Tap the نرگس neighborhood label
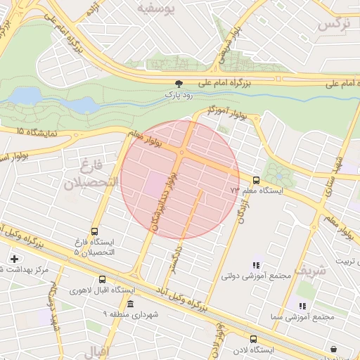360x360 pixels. coord(333,23)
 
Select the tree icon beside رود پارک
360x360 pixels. coord(179,82)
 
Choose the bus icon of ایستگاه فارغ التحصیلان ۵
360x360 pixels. coord(95,232)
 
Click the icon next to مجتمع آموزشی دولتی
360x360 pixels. coord(256,265)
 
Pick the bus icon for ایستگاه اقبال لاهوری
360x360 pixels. coord(103,279)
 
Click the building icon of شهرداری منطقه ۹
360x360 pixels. coord(131,304)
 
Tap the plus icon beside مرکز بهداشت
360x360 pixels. coord(14,259)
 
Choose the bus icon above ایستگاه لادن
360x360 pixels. coord(253,339)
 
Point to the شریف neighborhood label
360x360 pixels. coord(310,270)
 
